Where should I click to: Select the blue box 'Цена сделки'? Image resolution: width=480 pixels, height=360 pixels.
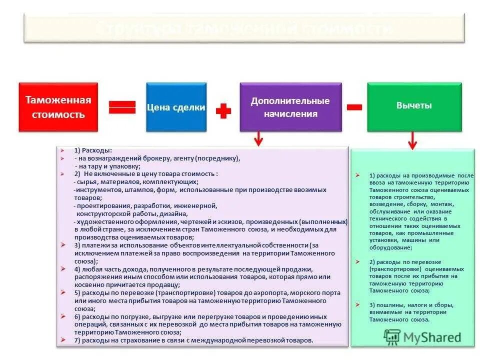pos(176,107)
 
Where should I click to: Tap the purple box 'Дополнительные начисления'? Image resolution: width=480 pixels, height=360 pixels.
pos(290,107)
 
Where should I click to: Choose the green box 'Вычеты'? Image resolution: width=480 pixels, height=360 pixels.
pos(414,106)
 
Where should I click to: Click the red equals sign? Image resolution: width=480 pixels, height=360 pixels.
pos(122,107)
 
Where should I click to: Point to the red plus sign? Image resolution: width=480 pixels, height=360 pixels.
pos(223,111)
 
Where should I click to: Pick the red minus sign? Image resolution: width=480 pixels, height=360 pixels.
pos(354,107)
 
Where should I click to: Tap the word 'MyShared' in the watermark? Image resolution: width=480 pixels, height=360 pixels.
pos(434,337)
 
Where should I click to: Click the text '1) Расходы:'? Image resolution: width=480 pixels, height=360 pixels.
pos(93,150)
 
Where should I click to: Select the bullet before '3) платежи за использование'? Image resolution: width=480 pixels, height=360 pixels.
pos(62,245)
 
